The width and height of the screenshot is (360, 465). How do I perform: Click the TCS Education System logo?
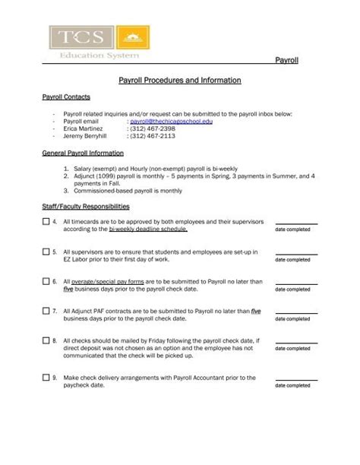click(x=99, y=43)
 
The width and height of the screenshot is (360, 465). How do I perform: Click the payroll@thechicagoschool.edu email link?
click(x=171, y=121)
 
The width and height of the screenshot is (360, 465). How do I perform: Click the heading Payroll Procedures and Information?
click(x=180, y=80)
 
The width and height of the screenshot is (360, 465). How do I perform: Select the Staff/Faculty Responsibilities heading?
click(x=85, y=207)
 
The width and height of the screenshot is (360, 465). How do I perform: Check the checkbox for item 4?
click(x=46, y=222)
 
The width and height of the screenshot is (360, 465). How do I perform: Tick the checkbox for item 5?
click(x=46, y=251)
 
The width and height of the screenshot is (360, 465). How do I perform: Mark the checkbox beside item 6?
click(x=46, y=281)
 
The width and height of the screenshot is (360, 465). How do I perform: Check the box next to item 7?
click(x=46, y=311)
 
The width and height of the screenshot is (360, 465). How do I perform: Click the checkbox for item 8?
click(x=46, y=340)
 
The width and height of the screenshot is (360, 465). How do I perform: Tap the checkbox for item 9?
click(x=46, y=378)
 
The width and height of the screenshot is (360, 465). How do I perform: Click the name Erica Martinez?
click(x=84, y=128)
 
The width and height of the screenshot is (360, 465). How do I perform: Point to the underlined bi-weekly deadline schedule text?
click(x=147, y=229)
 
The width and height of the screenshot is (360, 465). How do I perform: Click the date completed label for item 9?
click(x=292, y=385)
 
